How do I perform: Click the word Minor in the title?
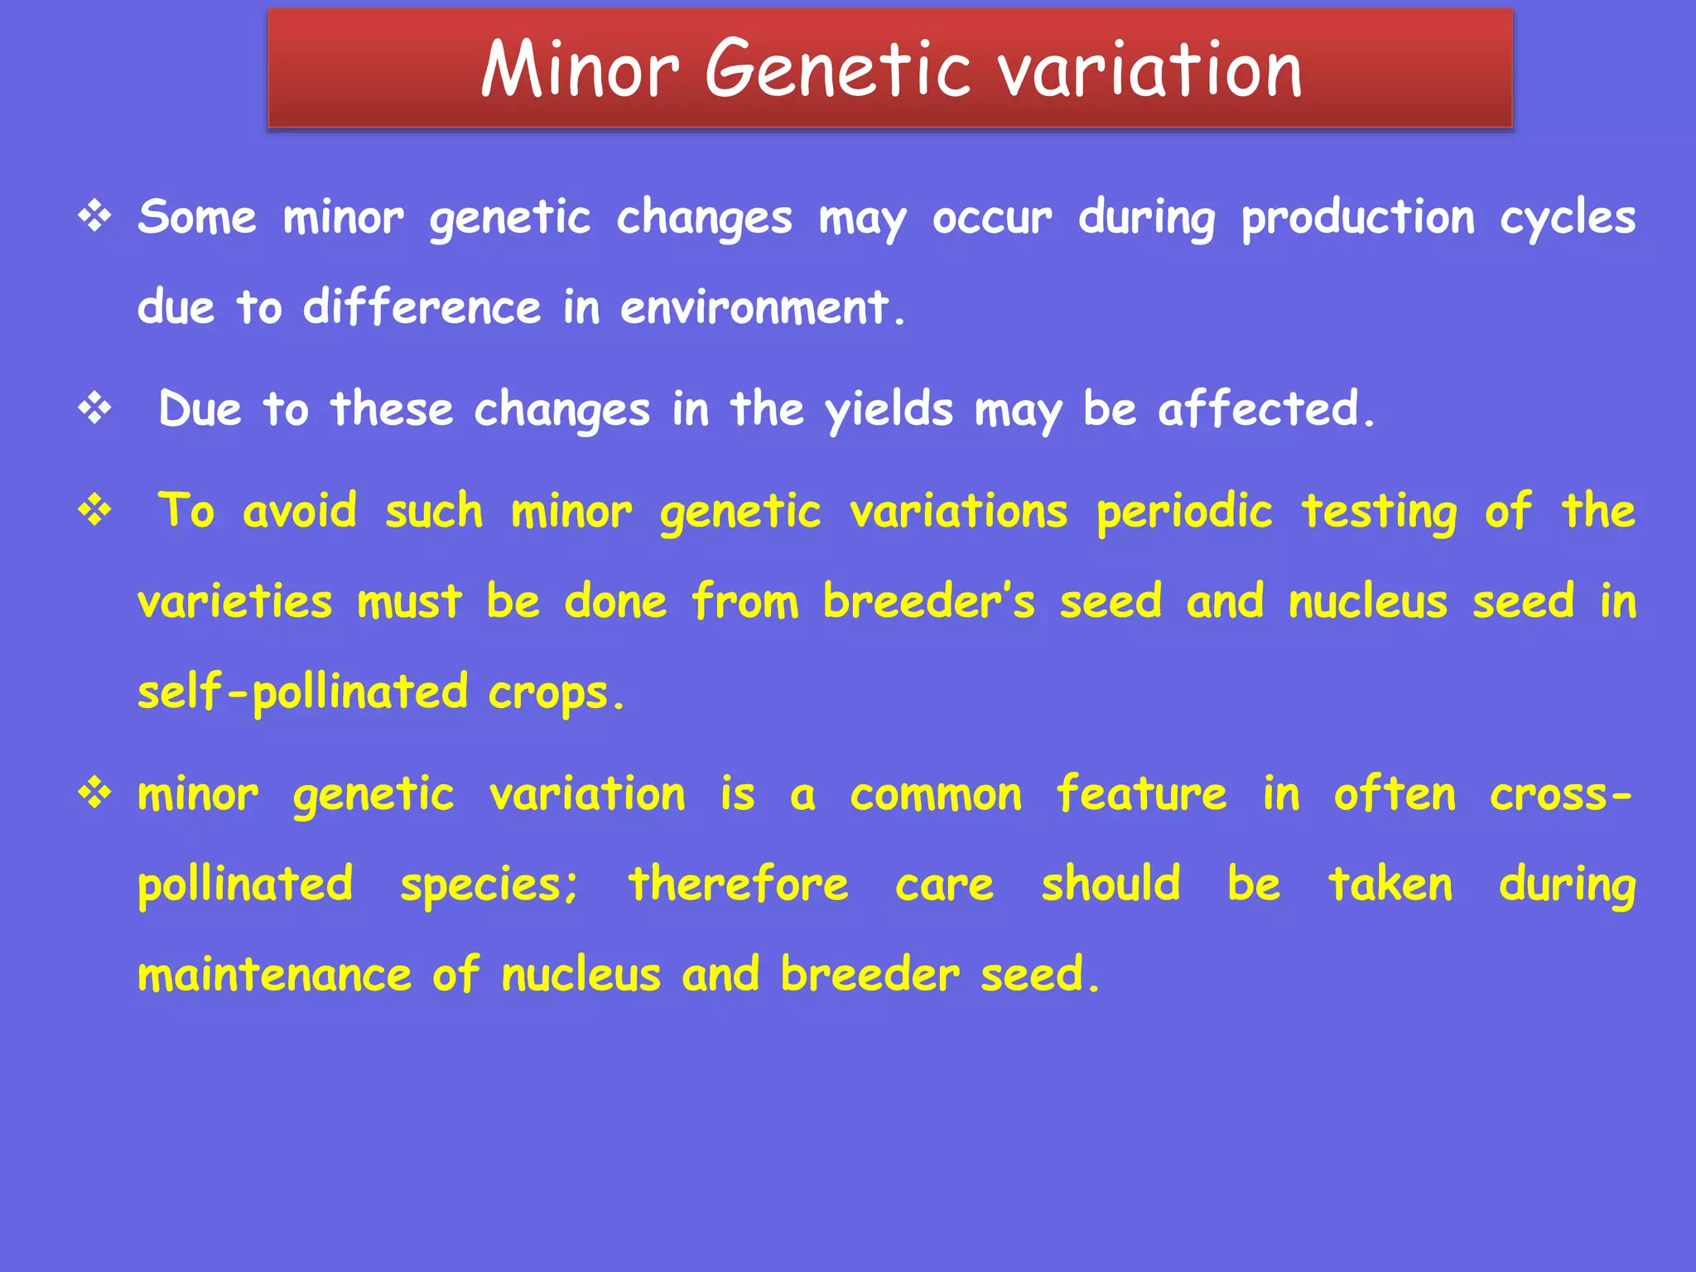tap(580, 70)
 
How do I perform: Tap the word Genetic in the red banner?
tap(836, 70)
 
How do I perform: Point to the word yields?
tap(889, 410)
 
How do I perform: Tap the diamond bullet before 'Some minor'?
tap(94, 217)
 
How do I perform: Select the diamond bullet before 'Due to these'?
tap(94, 408)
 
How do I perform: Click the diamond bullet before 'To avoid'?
tap(94, 510)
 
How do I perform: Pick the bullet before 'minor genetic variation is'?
tap(94, 793)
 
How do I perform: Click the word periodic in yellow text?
tap(1184, 512)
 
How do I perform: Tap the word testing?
tap(1379, 512)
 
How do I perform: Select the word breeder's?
tap(928, 602)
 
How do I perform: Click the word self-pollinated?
tap(303, 692)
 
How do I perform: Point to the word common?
tap(936, 795)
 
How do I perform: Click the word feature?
tap(1141, 795)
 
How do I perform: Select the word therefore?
tap(738, 884)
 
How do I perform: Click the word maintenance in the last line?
tap(274, 975)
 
